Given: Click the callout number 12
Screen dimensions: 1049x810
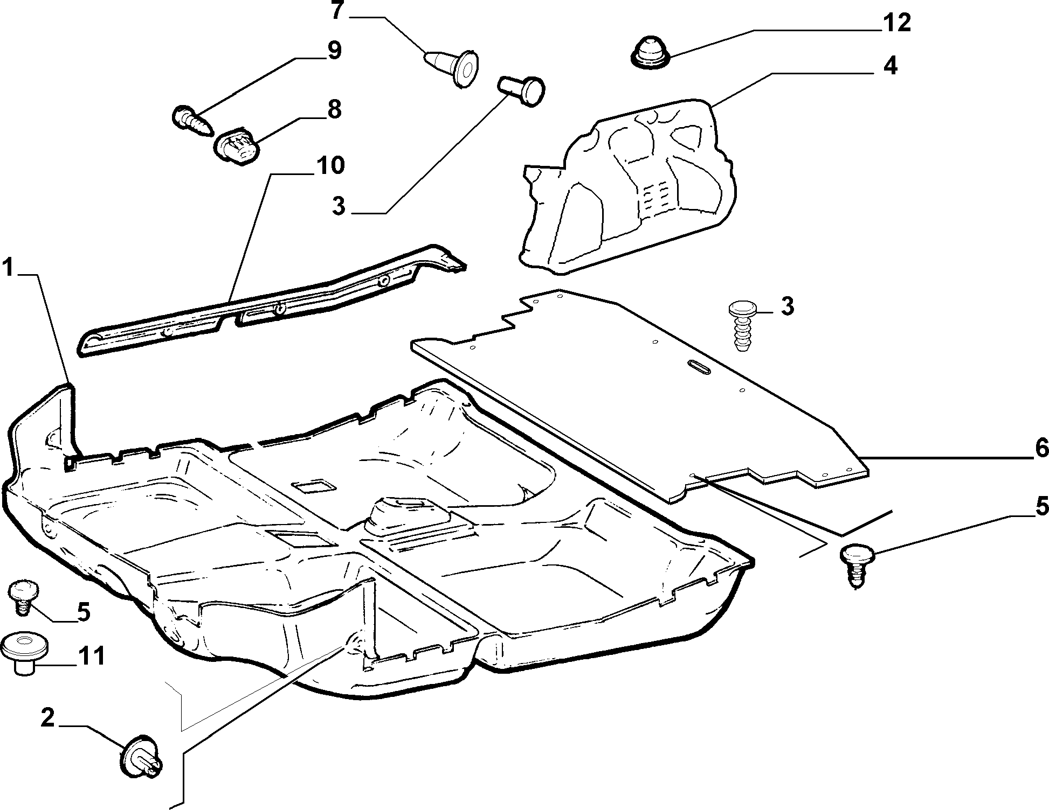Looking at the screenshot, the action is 896,23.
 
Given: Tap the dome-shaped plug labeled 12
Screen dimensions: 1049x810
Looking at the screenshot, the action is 650,52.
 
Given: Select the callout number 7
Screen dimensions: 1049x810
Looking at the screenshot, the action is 337,11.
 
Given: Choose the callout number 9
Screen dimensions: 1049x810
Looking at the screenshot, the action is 333,51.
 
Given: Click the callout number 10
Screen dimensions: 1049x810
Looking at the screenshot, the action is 330,165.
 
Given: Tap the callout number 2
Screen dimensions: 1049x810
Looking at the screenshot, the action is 49,718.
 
